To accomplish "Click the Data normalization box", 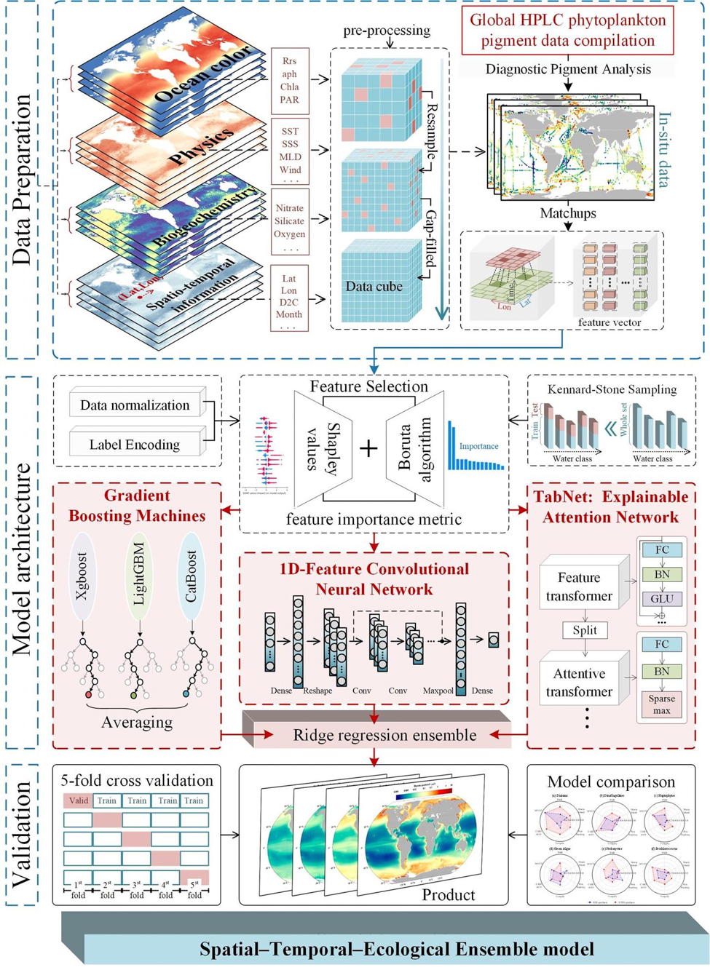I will click(x=135, y=405).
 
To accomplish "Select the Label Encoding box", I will click(x=135, y=445).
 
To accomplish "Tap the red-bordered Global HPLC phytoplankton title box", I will click(x=567, y=31).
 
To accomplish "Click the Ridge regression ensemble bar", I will click(x=384, y=735).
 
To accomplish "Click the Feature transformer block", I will click(x=580, y=587).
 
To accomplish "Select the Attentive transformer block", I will click(x=580, y=683).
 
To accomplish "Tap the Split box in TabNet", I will click(x=585, y=630).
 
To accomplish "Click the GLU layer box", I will click(x=661, y=599).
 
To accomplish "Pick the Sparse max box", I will click(x=661, y=704).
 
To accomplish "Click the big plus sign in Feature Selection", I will click(x=369, y=448).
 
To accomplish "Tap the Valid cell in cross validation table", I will click(x=78, y=800).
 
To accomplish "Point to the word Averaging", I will click(x=137, y=723).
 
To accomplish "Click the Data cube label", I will click(x=374, y=287).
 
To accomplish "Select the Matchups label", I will click(x=568, y=213).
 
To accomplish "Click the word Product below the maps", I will click(x=448, y=894).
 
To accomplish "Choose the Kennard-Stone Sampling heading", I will click(x=612, y=389).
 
